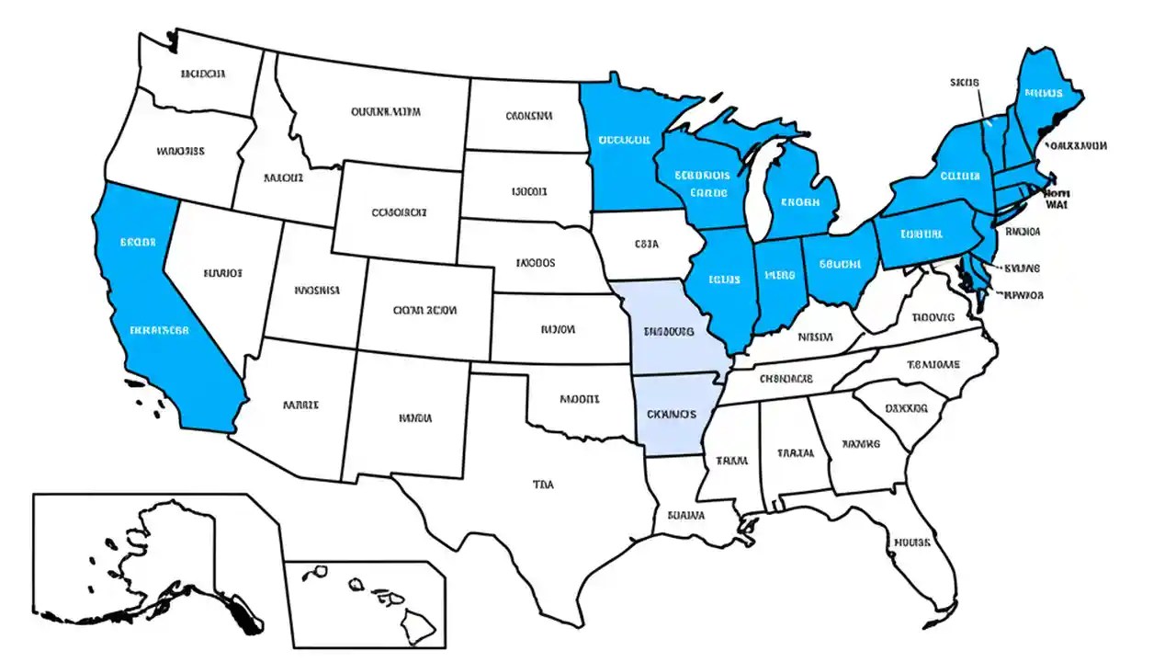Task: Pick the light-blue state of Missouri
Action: tap(671, 331)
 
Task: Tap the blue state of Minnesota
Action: tap(625, 147)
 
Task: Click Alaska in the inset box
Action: tap(156, 561)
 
